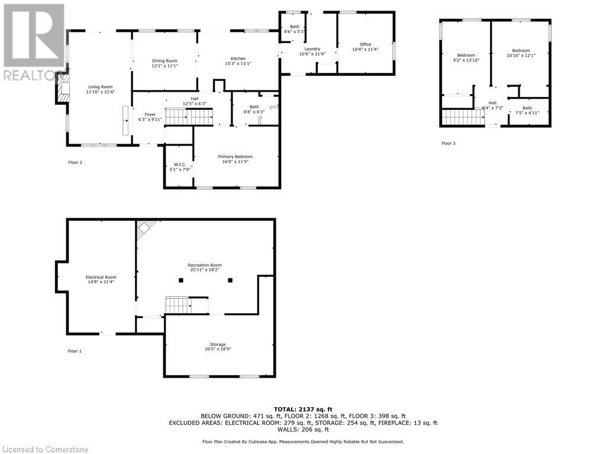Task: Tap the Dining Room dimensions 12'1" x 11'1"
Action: (x=165, y=66)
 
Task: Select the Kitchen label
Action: (x=238, y=59)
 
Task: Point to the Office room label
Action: (x=365, y=44)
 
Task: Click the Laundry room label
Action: (x=312, y=48)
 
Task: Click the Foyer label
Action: (x=150, y=113)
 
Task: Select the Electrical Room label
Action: (x=101, y=277)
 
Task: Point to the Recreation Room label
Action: (x=205, y=265)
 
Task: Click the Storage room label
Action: (x=217, y=344)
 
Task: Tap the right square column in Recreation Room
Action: (x=230, y=280)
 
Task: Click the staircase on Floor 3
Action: (x=463, y=117)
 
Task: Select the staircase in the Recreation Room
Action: (x=177, y=306)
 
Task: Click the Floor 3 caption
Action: (x=449, y=143)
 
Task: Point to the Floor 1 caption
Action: (x=75, y=351)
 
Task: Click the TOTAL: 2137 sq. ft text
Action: (x=303, y=409)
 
